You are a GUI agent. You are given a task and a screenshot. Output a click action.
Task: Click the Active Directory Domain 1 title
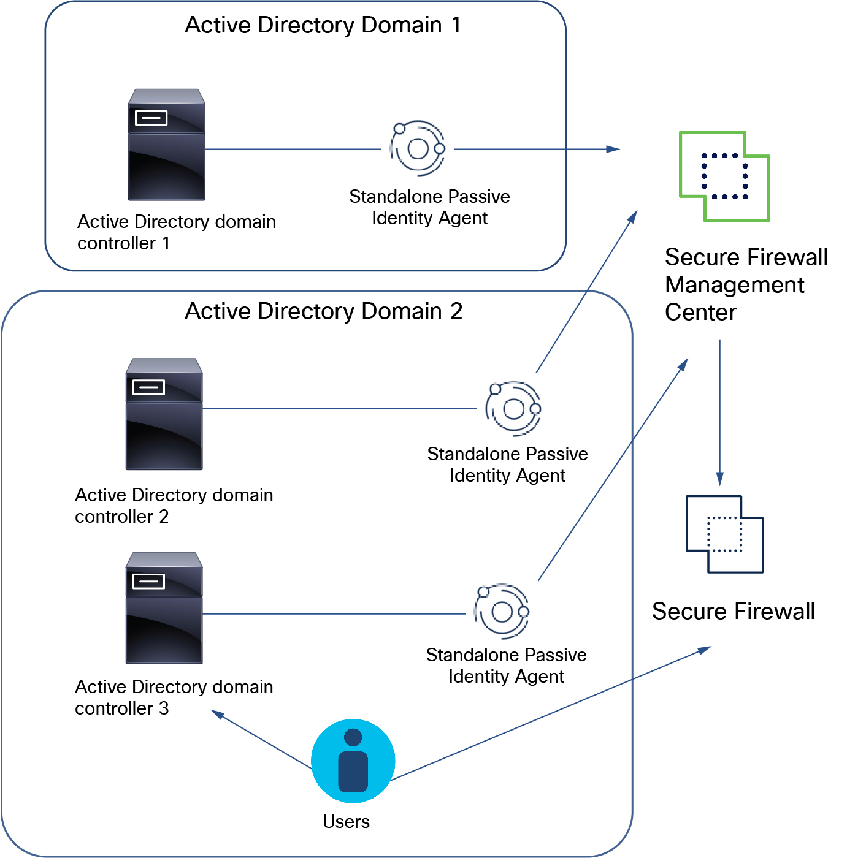coord(323,25)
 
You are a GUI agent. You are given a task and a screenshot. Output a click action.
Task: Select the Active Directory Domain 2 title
coord(323,311)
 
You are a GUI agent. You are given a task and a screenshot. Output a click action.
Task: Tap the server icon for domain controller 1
coord(166,145)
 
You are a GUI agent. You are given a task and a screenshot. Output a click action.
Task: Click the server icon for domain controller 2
coord(164,414)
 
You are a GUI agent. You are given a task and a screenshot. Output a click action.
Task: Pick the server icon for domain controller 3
coord(164,608)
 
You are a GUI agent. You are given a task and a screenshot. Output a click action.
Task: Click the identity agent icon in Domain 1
coord(418,148)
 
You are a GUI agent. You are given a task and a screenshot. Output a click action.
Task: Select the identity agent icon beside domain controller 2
coord(513,408)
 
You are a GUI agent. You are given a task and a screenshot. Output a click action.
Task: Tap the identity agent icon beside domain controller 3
coord(502,611)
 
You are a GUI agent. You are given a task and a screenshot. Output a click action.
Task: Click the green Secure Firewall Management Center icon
coord(724,176)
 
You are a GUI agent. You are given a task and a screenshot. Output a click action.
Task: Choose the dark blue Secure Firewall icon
coord(724,534)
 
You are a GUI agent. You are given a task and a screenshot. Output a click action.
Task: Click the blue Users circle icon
coord(353,761)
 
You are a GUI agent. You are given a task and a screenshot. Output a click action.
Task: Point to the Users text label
coord(346,822)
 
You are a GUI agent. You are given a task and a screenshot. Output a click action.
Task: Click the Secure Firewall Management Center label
coord(746,284)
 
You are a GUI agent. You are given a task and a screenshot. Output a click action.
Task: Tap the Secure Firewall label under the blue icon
coord(733,612)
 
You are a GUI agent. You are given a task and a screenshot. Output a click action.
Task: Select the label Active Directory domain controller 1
coord(176,232)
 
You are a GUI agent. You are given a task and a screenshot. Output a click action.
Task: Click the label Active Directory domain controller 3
coord(174,697)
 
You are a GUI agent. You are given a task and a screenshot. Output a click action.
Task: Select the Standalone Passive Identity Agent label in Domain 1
coord(429,207)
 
